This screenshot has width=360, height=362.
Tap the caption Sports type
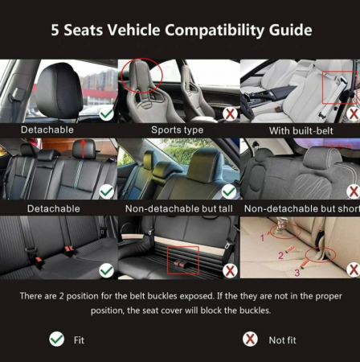tap(178, 130)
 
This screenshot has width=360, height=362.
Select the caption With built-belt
tap(301, 131)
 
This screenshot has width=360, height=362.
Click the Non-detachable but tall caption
tap(179, 208)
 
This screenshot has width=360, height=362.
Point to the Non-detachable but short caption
tap(302, 208)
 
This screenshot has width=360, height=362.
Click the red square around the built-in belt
tap(322, 88)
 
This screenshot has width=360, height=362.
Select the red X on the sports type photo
tap(230, 114)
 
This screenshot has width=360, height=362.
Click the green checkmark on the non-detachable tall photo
tap(229, 191)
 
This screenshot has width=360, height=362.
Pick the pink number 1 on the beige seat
tap(262, 237)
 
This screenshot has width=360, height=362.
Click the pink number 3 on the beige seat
tap(297, 273)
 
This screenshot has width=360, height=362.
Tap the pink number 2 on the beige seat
tap(280, 255)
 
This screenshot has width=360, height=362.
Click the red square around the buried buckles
tap(167, 260)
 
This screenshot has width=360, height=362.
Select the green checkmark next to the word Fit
tap(57, 339)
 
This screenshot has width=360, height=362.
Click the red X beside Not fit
tap(250, 339)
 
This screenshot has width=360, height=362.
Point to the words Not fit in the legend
tap(282, 340)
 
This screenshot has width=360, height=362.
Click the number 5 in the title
tap(55, 30)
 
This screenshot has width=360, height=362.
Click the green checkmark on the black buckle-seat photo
tap(107, 270)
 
